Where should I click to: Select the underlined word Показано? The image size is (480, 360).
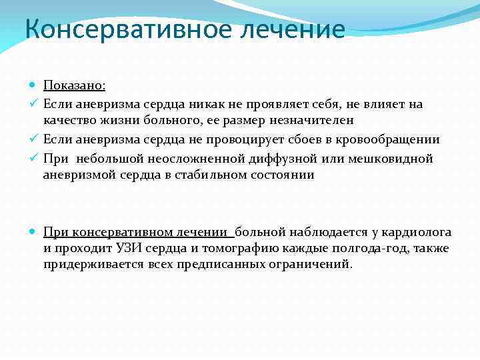[x=74, y=85]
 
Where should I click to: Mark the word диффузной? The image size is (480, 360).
[x=285, y=159]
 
